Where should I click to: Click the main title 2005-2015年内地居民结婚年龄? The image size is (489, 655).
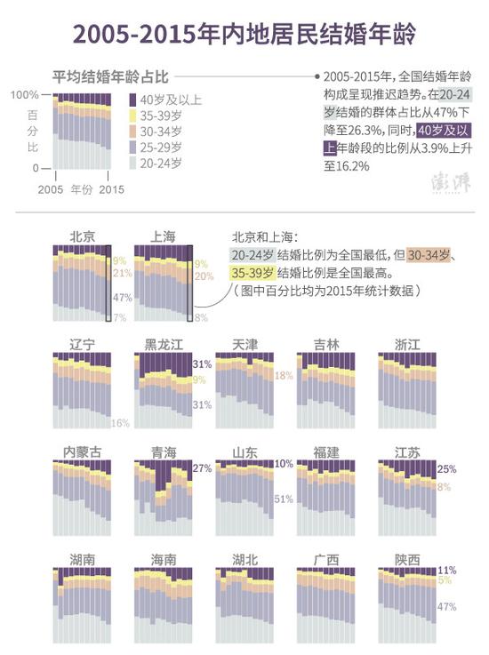pos(244,34)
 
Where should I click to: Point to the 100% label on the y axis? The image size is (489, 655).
pos(25,94)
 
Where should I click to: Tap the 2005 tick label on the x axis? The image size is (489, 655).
pos(51,189)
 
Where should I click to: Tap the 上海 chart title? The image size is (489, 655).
pos(164,236)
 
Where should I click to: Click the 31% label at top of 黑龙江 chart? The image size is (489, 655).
pos(202,364)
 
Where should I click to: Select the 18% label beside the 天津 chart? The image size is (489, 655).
pos(283,376)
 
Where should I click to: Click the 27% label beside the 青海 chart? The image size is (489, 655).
pos(202,468)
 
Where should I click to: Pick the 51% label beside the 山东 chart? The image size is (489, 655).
pos(284,499)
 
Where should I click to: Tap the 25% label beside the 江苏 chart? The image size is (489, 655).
pos(447,469)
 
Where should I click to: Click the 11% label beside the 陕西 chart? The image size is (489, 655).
pos(447,570)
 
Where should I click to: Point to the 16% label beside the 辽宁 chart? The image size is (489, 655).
pos(121,422)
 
